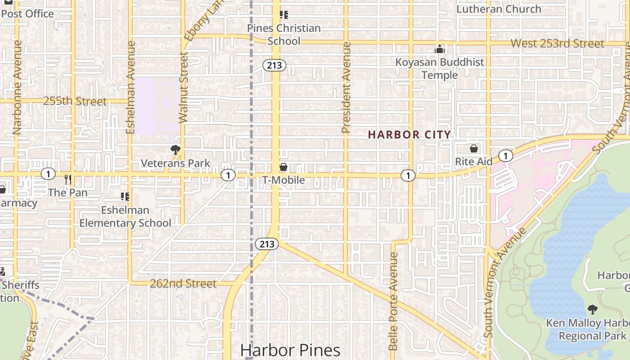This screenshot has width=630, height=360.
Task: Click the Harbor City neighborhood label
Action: pyautogui.click(x=409, y=135)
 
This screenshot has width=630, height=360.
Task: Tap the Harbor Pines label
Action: pyautogui.click(x=290, y=350)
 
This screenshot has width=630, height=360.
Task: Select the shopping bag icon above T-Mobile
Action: pyautogui.click(x=283, y=167)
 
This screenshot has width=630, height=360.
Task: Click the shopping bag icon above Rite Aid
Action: pyautogui.click(x=473, y=148)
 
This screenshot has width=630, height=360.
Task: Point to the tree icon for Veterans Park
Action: pyautogui.click(x=175, y=150)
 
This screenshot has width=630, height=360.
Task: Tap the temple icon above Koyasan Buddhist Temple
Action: pyautogui.click(x=440, y=49)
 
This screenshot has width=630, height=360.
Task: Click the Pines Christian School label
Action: pyautogui.click(x=284, y=35)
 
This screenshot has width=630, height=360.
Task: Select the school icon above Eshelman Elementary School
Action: pyautogui.click(x=125, y=197)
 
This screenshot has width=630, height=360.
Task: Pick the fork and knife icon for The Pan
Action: pyautogui.click(x=67, y=180)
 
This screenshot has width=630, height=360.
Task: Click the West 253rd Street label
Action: pyautogui.click(x=558, y=44)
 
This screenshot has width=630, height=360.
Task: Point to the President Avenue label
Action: pyautogui.click(x=346, y=88)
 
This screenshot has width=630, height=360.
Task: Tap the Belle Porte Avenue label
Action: pyautogui.click(x=393, y=301)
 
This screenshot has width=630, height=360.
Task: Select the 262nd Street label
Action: pyautogui.click(x=183, y=283)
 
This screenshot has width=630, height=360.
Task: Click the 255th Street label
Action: pyautogui.click(x=75, y=101)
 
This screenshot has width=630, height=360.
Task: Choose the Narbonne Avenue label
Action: pyautogui.click(x=18, y=88)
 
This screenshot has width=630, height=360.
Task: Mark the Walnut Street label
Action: pyautogui.click(x=183, y=88)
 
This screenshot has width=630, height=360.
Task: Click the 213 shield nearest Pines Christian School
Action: pyautogui.click(x=274, y=66)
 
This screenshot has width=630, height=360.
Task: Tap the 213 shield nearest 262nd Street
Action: pyautogui.click(x=267, y=244)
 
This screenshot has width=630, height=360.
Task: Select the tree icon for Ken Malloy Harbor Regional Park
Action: pyautogui.click(x=593, y=310)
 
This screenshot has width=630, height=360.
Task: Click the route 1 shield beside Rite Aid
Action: pyautogui.click(x=506, y=156)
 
